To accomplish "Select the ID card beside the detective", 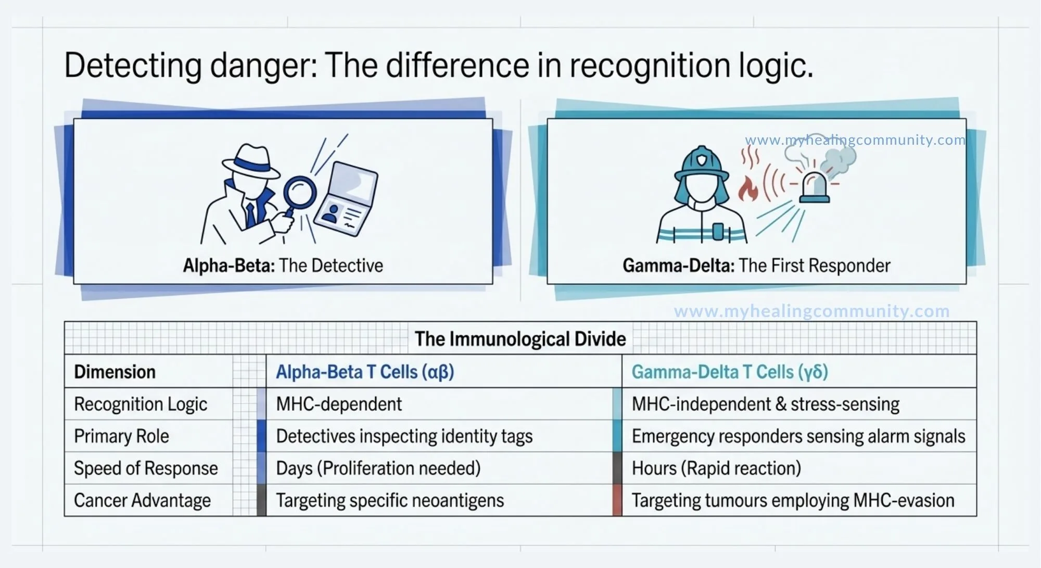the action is click(346, 198).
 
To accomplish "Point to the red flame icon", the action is click(748, 189).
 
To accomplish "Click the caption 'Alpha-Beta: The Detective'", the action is click(283, 266).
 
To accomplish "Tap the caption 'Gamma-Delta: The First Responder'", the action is click(756, 266).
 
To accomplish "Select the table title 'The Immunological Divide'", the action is click(520, 339).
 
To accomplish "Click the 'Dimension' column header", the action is click(115, 372).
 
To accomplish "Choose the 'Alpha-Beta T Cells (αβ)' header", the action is click(365, 372).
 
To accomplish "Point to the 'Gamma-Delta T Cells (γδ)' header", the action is click(730, 372).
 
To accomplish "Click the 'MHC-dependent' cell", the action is click(339, 404).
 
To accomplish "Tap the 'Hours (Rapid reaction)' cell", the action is click(716, 468).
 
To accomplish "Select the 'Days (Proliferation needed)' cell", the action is click(378, 468).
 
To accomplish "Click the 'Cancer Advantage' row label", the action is click(142, 500).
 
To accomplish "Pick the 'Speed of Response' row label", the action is click(146, 468).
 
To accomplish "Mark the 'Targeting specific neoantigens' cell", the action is click(390, 500).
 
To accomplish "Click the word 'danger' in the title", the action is click(263, 66).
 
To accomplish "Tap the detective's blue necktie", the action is click(251, 213).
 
